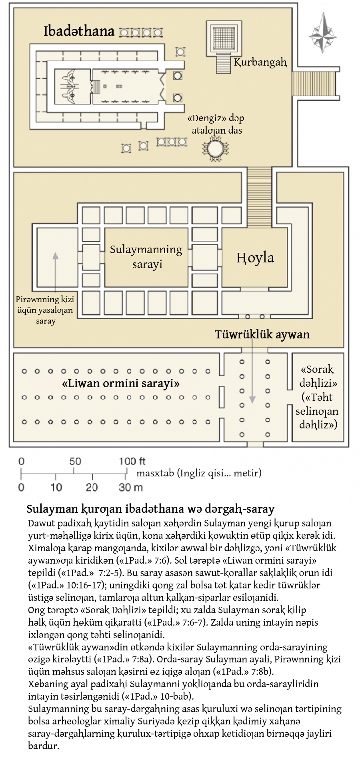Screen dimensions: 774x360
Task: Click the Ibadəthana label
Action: [79, 31]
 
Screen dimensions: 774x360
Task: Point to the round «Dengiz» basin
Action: [216, 148]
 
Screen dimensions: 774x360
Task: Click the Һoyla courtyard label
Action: [255, 258]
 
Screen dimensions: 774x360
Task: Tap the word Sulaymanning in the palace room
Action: [146, 250]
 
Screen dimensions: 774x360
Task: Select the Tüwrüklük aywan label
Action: [262, 334]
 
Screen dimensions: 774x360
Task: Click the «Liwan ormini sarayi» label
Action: [120, 383]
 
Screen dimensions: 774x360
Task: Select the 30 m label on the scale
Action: [131, 487]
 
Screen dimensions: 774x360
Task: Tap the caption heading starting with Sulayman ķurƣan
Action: [150, 509]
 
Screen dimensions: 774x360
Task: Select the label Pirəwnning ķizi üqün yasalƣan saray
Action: [46, 310]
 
